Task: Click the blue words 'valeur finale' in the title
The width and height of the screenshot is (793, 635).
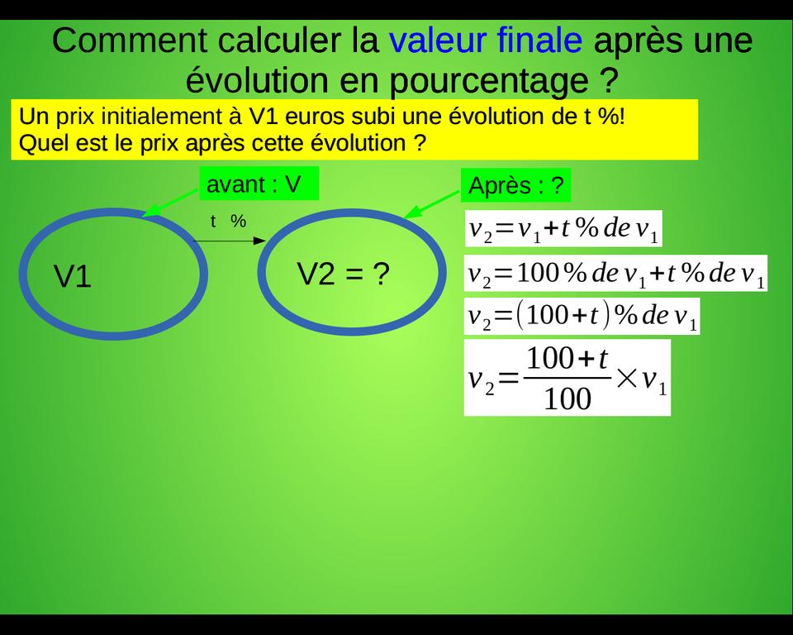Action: point(486,40)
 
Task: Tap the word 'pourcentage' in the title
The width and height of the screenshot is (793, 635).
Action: point(488,81)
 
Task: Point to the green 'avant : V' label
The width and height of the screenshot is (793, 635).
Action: point(259,184)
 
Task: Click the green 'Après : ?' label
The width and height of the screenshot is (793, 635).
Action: point(515,185)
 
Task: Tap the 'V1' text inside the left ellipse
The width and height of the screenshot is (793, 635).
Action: point(73,276)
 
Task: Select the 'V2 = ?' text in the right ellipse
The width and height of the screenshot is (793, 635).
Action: point(344,274)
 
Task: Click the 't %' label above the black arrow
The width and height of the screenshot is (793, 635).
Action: point(228,222)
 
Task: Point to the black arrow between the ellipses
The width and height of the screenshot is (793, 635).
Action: point(229,241)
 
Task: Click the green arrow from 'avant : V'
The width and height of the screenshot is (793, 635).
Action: point(171,203)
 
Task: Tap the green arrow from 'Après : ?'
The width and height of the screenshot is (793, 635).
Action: point(432,205)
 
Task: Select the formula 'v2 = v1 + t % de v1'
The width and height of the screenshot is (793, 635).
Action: point(563,229)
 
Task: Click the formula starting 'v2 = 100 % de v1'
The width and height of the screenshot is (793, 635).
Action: point(616,274)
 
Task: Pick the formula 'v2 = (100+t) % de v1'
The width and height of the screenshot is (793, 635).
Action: point(582,316)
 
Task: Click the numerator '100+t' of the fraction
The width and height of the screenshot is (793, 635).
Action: point(567,359)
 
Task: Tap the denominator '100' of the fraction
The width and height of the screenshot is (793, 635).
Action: point(567,399)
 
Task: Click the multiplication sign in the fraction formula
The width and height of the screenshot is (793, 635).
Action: point(627,378)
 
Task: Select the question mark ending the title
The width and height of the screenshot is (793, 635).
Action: point(610,80)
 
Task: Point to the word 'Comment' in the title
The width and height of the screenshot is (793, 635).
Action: point(130,41)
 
